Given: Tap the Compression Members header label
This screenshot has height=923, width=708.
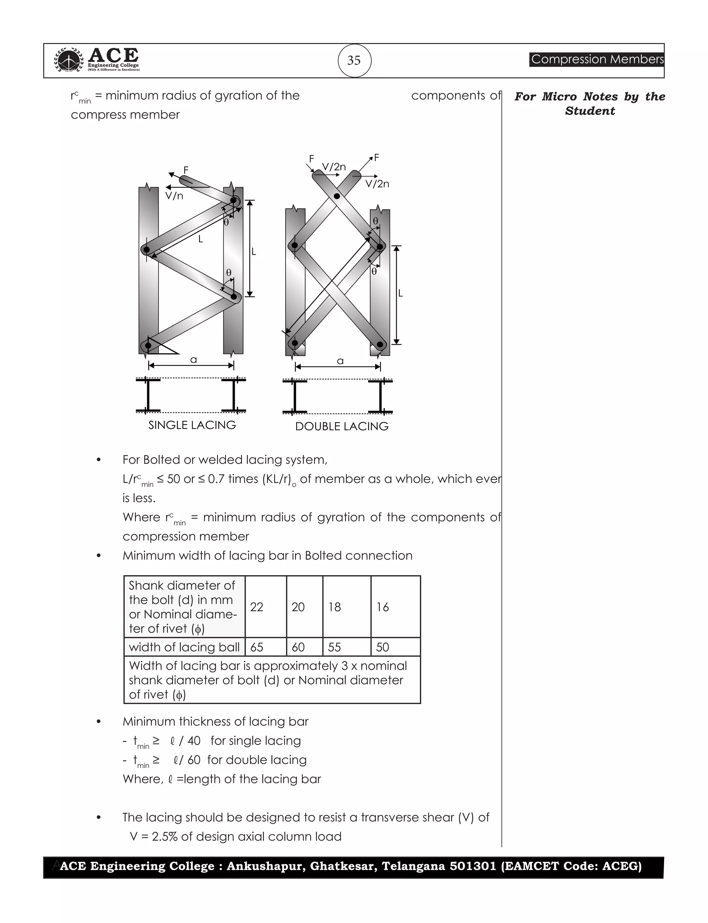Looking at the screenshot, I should coord(597,59).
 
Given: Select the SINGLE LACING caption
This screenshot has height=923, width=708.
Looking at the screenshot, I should coord(192,425).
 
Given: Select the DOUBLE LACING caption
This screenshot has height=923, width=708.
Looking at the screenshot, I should coord(342,426).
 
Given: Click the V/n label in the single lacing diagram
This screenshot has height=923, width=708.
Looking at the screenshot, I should coord(174,196).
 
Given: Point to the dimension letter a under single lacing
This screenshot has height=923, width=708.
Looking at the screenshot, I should coord(194,360).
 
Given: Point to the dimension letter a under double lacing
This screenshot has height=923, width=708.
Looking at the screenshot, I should coord(340,361).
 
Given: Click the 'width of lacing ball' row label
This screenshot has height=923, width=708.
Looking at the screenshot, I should coord(184,647).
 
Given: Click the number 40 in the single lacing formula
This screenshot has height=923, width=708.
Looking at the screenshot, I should coord(194,741).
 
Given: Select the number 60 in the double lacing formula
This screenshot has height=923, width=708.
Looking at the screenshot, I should coord(194,760).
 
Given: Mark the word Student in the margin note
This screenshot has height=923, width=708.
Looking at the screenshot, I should coord(590,111).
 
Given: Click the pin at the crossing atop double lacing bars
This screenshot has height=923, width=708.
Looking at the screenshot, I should coord(337,196).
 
